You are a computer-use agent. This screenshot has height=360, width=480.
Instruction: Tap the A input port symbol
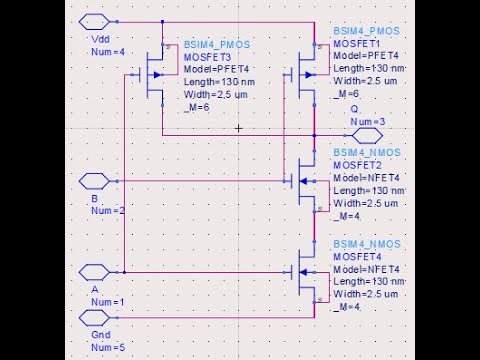[x=93, y=271]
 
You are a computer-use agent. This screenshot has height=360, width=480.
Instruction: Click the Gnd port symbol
[x=93, y=317]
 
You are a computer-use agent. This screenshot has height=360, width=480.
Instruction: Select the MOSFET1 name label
[x=358, y=44]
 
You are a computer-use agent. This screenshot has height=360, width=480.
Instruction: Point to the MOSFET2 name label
[x=358, y=165]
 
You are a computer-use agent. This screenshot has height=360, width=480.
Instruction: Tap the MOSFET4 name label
[x=358, y=257]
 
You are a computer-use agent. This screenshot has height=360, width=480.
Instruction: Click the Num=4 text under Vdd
[x=107, y=51]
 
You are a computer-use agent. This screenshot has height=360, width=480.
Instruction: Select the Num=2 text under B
[x=107, y=211]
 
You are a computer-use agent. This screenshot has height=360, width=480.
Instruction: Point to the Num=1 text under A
[x=107, y=301]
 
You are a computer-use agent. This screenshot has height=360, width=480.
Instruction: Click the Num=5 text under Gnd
[x=107, y=346]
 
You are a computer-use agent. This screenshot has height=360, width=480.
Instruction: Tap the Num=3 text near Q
[x=367, y=121]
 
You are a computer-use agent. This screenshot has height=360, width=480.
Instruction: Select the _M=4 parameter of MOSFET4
[x=346, y=306]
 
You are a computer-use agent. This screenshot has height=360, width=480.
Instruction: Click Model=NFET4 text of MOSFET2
[x=367, y=177]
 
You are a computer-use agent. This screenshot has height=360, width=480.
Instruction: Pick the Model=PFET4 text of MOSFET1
[x=367, y=56]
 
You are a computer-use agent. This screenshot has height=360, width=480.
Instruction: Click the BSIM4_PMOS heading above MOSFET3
[x=218, y=45]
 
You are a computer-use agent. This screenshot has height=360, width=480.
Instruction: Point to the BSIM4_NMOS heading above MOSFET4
[x=367, y=245]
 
